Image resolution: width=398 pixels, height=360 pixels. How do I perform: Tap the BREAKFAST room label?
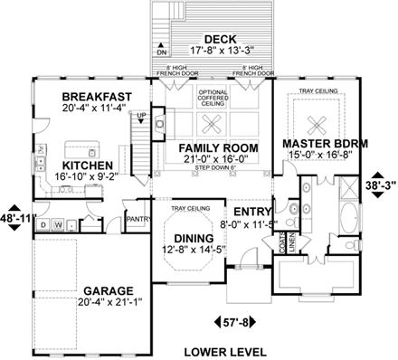pos(97,97)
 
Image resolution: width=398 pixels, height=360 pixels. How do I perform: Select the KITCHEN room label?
pos(90,166)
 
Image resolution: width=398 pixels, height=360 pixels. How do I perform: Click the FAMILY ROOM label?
pos(218,147)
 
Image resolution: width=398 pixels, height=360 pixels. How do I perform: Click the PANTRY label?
pos(138,219)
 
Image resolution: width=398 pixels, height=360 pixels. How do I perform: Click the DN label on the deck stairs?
pos(163,53)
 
